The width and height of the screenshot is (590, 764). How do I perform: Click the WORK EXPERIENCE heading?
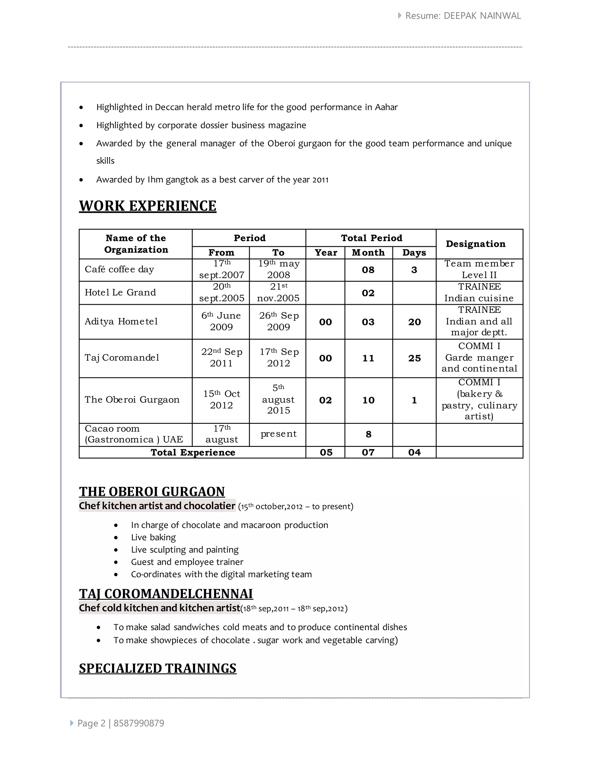point(147,206)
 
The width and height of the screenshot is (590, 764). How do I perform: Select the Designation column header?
point(475,244)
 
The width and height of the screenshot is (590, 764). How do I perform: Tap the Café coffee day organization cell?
point(119,269)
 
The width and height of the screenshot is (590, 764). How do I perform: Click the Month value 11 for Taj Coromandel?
point(368,358)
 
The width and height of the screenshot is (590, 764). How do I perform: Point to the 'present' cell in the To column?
point(278,434)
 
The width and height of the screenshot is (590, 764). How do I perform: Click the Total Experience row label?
point(193,452)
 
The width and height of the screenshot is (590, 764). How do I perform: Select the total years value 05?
point(326,452)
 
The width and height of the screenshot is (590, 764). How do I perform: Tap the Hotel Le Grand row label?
point(120,292)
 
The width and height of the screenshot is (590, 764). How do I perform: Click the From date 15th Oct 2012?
point(221,400)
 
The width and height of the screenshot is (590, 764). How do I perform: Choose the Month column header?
point(368,253)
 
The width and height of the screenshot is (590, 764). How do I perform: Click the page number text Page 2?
point(91,723)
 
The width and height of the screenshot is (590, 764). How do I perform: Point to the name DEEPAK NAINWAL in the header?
point(482,16)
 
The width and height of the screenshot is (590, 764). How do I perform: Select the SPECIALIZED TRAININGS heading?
point(158,669)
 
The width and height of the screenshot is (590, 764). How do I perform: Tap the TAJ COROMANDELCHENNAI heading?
point(166,594)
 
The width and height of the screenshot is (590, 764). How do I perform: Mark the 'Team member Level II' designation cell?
point(479,269)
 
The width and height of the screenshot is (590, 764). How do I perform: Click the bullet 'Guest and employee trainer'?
point(187,562)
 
